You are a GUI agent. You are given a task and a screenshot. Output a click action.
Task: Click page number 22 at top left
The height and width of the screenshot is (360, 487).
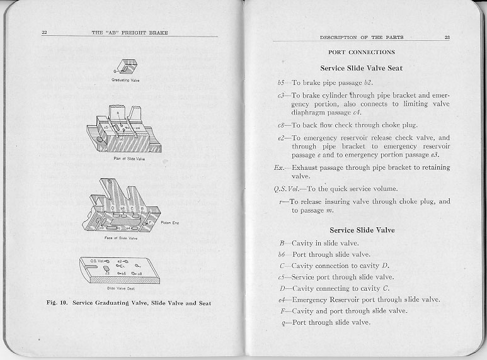45,32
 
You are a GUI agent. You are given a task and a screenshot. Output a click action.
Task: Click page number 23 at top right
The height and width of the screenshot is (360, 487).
447,38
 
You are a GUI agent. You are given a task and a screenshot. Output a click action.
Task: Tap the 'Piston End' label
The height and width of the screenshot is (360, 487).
171,223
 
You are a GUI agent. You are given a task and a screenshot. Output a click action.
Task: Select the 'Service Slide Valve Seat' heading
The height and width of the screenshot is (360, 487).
362,68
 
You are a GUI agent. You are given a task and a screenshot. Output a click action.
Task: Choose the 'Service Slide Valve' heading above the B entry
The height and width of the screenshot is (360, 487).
362,230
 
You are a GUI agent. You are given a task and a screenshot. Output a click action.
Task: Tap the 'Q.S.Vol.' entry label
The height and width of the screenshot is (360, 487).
285,189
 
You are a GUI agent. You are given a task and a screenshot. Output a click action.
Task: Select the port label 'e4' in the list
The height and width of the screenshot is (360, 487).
282,300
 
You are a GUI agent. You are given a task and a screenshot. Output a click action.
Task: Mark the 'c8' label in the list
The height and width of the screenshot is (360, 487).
282,125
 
